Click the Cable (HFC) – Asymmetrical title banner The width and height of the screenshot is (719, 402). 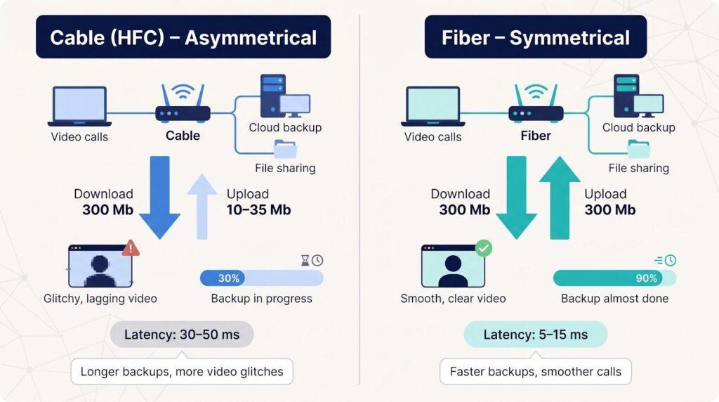[183, 37]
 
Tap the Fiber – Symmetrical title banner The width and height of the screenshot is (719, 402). [536, 37]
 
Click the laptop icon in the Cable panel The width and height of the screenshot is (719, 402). [80, 106]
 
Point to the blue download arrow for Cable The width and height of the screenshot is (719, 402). [159, 197]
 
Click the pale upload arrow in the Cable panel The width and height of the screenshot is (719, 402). [202, 207]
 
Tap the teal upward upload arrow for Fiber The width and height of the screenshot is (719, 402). [560, 197]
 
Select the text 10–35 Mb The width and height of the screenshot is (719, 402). [258, 209]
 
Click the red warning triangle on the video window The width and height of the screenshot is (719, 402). [131, 248]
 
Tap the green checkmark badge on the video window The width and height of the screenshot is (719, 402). [483, 248]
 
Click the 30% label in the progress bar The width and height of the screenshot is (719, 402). [228, 278]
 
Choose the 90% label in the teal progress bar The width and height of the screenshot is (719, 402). [647, 278]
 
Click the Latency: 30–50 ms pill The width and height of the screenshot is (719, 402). [182, 335]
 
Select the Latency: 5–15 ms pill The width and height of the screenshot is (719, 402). [536, 335]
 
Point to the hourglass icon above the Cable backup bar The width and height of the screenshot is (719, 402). [305, 261]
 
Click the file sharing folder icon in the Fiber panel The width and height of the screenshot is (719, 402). [638, 150]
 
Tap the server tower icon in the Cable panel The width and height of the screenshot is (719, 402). [273, 96]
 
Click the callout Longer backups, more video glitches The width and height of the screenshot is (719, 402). [182, 371]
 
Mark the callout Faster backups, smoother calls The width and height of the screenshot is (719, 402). [536, 371]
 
